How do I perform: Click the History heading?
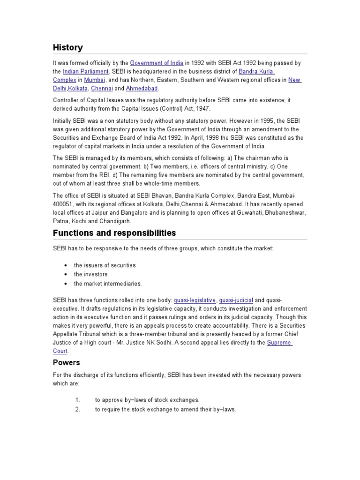click(67, 47)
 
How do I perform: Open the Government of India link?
click(157, 63)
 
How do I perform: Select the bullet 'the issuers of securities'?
click(105, 265)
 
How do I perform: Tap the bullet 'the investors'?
click(90, 274)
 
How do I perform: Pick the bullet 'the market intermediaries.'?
click(108, 283)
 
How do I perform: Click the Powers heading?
click(66, 363)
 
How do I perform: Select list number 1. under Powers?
click(78, 400)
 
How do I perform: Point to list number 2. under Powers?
click(78, 409)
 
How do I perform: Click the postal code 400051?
click(63, 204)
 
